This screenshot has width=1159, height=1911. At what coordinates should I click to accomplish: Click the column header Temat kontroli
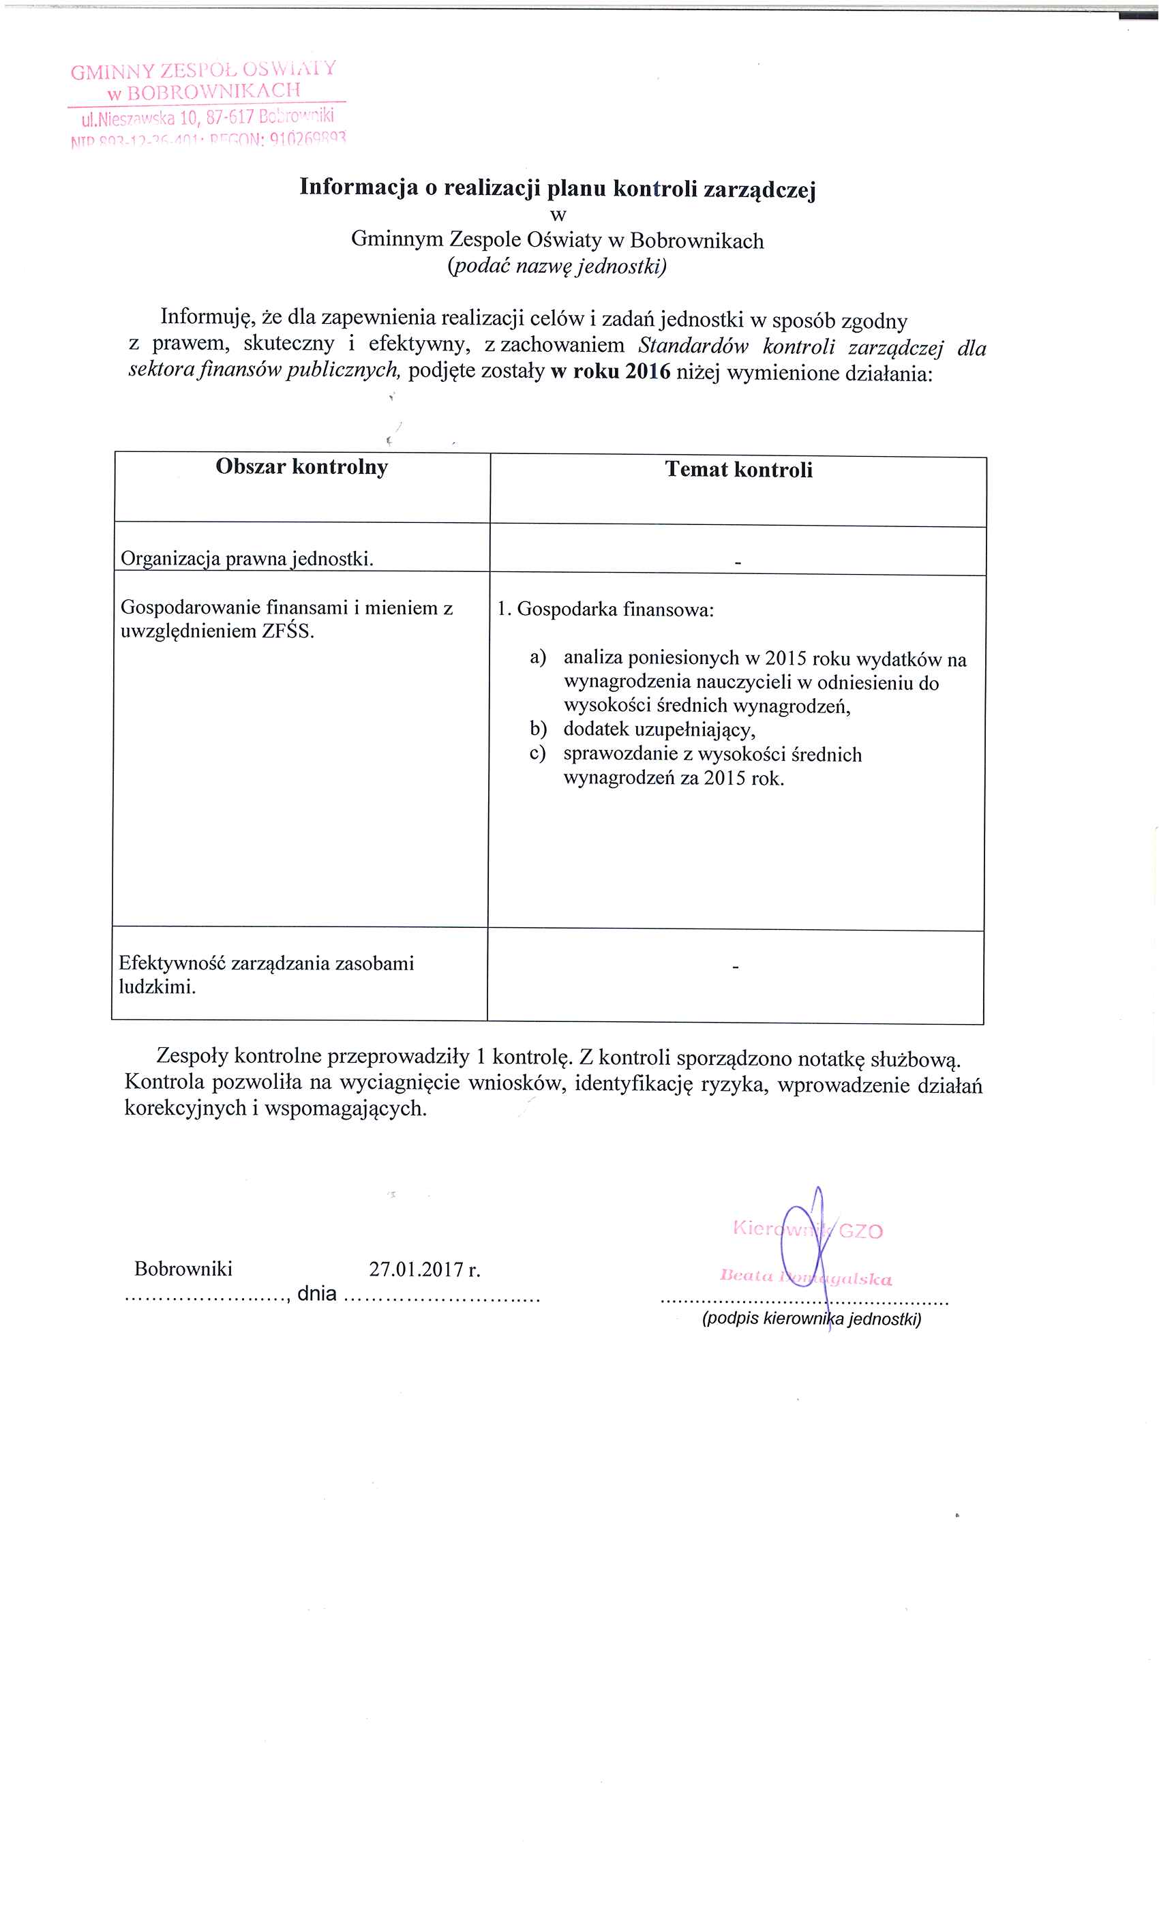(738, 470)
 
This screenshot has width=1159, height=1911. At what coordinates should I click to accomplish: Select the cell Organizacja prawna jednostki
(247, 558)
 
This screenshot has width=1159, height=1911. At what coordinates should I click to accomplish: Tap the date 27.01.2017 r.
(424, 1269)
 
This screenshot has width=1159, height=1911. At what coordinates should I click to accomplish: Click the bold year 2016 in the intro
(647, 372)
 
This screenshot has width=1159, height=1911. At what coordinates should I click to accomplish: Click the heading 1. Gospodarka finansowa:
(605, 610)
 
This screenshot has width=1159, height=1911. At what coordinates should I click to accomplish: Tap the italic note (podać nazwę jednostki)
(556, 267)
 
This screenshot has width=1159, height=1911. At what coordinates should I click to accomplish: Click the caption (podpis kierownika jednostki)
(811, 1319)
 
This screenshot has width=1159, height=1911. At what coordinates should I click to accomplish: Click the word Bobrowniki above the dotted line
(183, 1269)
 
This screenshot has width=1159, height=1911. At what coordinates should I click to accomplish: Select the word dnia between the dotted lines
(316, 1293)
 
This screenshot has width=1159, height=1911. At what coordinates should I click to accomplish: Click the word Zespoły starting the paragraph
(192, 1055)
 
